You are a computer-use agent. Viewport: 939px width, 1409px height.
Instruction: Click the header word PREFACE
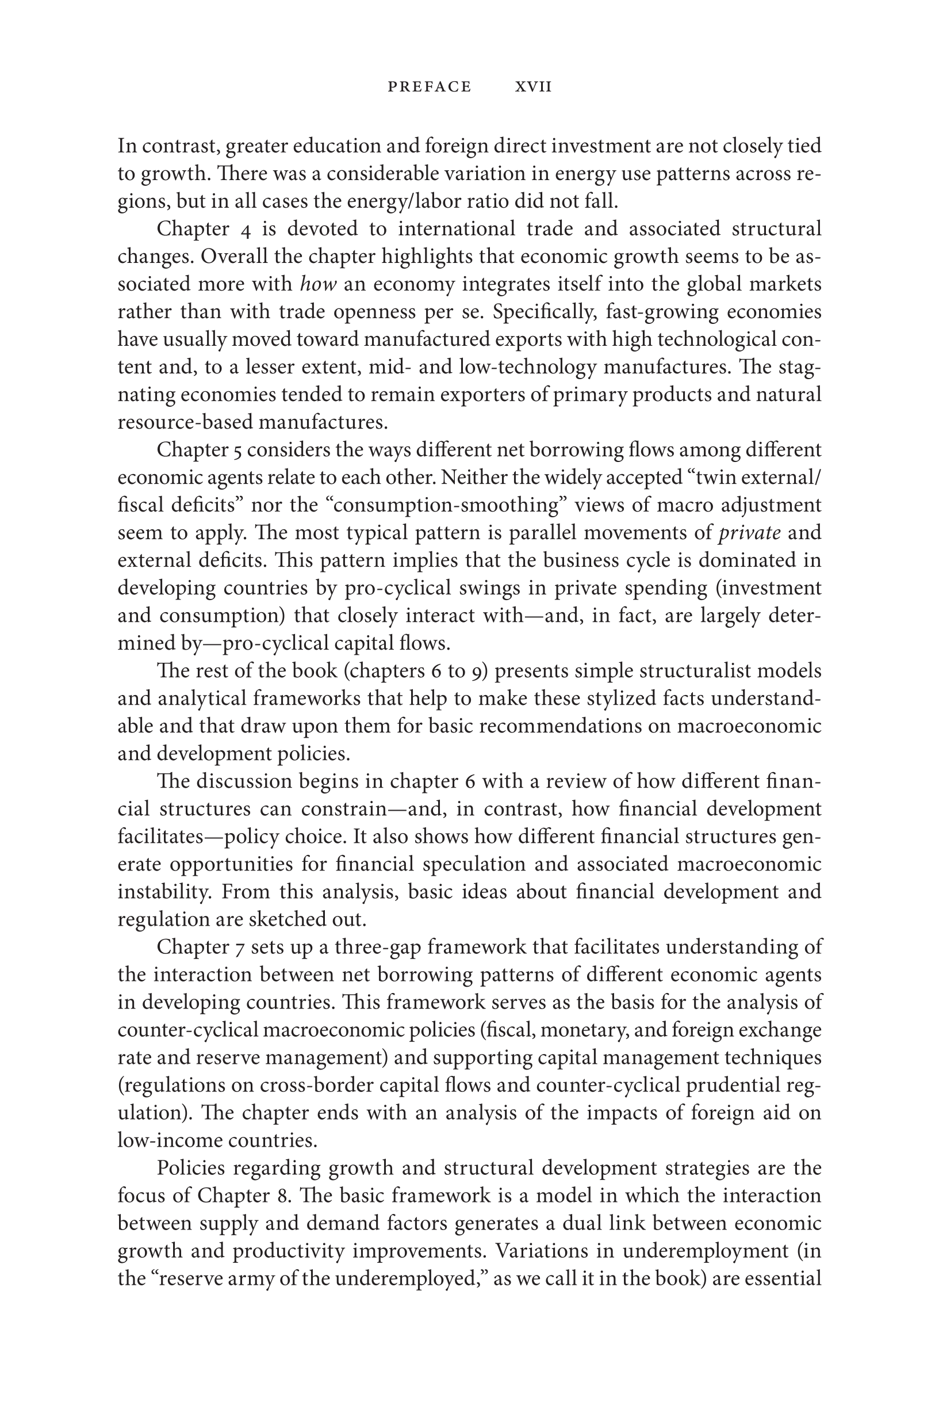(430, 87)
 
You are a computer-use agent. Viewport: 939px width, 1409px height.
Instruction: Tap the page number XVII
(533, 87)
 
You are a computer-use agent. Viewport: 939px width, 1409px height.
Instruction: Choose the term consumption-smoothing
(451, 505)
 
